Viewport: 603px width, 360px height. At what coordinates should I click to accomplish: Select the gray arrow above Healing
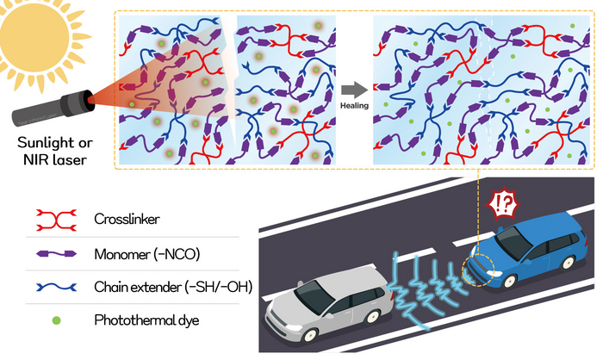point(351,89)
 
